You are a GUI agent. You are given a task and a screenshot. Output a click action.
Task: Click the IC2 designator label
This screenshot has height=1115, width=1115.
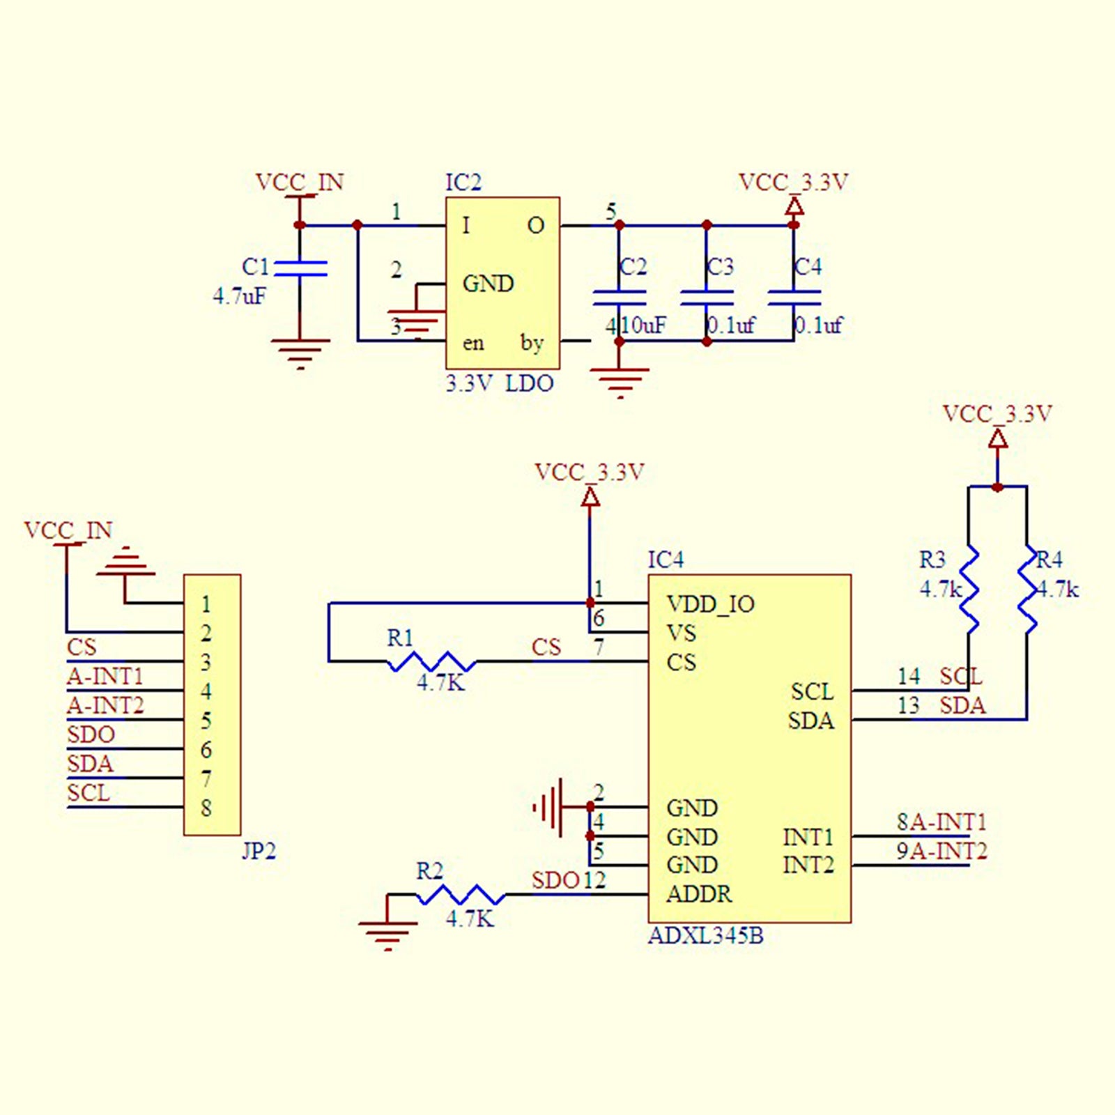point(463,183)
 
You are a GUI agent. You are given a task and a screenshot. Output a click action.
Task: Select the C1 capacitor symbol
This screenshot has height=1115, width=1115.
point(300,269)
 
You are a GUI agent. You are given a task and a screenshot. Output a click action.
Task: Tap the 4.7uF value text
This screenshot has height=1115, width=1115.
point(239,296)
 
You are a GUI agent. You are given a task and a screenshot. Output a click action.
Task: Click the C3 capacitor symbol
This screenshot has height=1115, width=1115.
point(707,298)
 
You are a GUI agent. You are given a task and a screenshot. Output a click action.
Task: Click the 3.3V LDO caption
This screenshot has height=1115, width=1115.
point(500,383)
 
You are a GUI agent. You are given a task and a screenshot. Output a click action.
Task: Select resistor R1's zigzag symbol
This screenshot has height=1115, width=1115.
point(432,661)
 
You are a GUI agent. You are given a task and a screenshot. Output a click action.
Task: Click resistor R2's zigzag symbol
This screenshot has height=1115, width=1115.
point(461,894)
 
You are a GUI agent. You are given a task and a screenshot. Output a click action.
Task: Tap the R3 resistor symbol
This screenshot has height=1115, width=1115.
point(969,589)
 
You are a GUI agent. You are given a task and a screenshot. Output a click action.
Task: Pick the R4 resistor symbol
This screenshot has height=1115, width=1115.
point(1027,589)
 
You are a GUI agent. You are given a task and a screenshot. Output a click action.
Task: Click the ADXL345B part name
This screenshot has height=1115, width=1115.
point(706,936)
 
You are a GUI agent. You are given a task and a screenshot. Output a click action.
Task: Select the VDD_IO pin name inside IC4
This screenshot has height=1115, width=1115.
point(710,604)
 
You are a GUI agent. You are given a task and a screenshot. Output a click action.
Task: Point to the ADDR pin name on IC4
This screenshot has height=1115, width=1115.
point(699,894)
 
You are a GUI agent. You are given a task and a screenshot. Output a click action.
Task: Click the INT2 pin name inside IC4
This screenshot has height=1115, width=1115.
point(808,865)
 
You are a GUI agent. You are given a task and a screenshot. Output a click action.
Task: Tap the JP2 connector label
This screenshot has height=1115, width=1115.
point(259,851)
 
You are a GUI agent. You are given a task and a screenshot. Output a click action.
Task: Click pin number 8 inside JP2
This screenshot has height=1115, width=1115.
point(206,808)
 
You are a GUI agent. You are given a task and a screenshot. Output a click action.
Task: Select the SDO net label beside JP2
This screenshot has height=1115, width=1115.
point(91,735)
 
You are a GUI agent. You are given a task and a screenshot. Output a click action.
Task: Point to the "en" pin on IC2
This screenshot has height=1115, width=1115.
point(473,343)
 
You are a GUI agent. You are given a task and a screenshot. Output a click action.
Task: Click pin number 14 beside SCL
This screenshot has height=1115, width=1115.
point(909,676)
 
